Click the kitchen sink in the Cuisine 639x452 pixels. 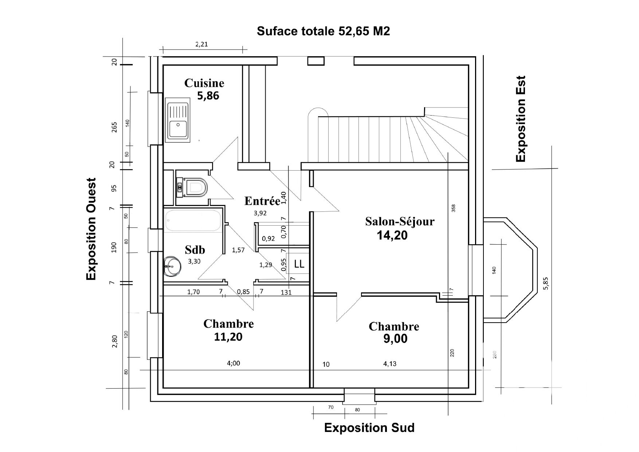[x=178, y=120]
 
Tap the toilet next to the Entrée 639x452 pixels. [x=192, y=187]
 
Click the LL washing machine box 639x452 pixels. [x=299, y=264]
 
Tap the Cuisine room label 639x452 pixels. [x=204, y=83]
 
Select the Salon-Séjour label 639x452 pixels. [x=400, y=221]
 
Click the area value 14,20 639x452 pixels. [x=392, y=235]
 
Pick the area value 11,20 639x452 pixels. [x=228, y=336]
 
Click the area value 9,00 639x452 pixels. [x=395, y=339]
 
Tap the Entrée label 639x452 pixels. [x=262, y=201]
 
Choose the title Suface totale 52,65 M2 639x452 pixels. [x=323, y=31]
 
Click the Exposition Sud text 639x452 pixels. [x=369, y=428]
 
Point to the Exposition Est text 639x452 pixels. [x=521, y=118]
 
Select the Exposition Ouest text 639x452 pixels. [x=91, y=229]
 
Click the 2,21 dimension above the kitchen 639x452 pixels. [x=201, y=44]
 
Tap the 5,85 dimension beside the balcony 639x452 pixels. [x=545, y=283]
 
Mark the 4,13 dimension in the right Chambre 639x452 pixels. [x=389, y=363]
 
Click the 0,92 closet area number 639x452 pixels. [x=268, y=239]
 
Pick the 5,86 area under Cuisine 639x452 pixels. [x=208, y=96]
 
